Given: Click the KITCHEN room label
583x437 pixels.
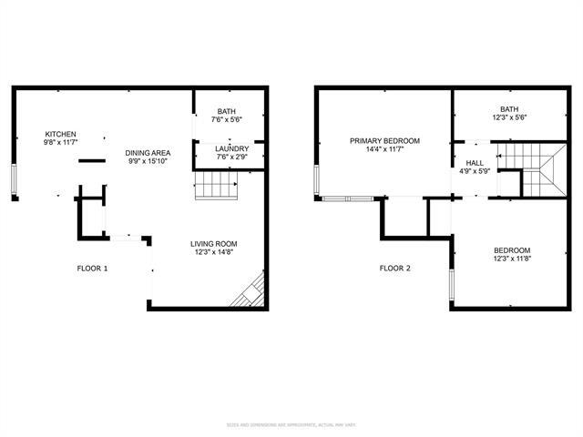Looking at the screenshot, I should click(61, 135).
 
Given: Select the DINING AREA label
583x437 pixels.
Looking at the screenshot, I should click(148, 153).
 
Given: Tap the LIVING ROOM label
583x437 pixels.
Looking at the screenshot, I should click(213, 243).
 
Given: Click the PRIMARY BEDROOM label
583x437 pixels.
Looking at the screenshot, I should click(385, 140).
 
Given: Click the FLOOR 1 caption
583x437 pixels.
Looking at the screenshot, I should click(92, 269).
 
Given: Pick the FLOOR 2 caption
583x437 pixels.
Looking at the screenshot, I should click(395, 269).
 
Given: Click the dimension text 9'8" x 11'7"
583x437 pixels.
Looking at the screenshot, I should click(61, 143).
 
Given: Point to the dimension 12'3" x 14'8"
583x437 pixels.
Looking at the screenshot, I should click(213, 252).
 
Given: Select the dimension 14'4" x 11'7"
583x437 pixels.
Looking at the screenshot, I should click(385, 149).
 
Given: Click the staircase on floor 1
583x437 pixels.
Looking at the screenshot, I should click(217, 188).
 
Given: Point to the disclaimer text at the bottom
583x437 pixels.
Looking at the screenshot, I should click(291, 424).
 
